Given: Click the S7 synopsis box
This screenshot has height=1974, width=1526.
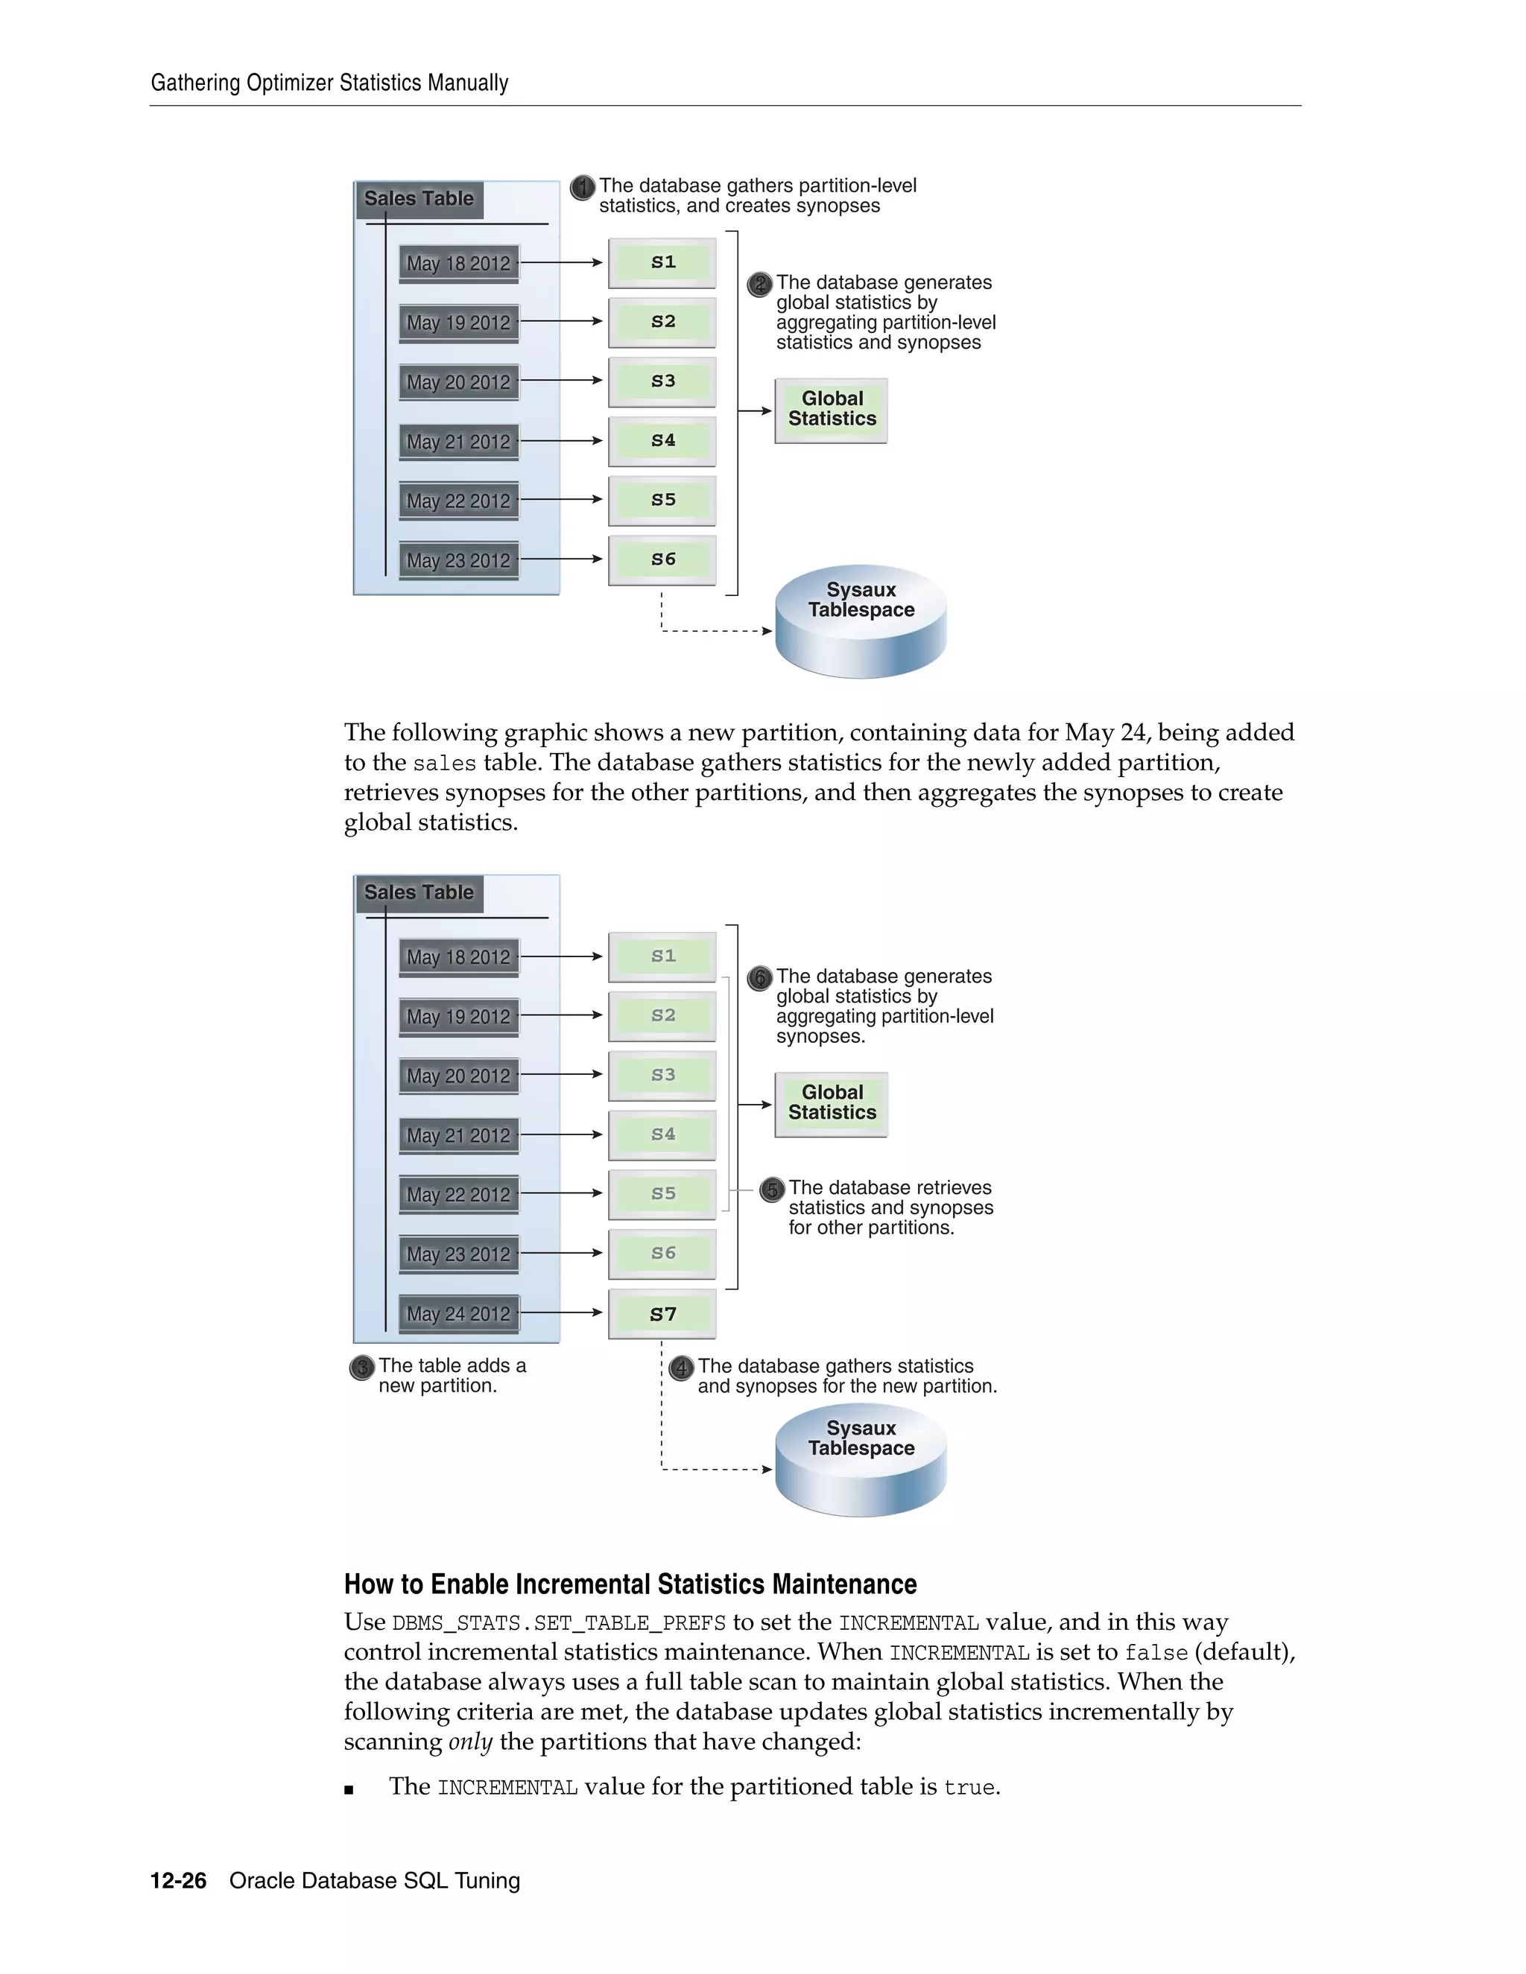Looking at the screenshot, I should [x=662, y=1313].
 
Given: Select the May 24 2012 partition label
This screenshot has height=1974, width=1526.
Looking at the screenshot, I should [x=458, y=1313].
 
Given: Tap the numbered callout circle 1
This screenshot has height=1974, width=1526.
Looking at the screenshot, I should [x=583, y=187].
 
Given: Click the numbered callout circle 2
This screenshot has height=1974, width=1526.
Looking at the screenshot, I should [x=760, y=285].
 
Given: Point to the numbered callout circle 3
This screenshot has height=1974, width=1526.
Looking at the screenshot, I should [x=361, y=1367].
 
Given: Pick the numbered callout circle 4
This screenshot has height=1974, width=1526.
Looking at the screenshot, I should [x=681, y=1368].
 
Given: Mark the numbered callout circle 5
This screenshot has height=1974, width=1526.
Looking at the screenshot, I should [x=771, y=1190].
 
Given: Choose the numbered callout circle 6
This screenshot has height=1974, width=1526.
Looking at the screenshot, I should [x=760, y=978].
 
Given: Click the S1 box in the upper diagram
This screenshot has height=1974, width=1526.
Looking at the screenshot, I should [x=662, y=262].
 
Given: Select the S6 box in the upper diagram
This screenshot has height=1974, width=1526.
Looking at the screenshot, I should [x=662, y=559].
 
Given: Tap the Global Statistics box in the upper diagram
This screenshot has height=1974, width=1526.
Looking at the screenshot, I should [x=831, y=410].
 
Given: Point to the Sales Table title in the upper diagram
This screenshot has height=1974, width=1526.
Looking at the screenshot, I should [x=419, y=199].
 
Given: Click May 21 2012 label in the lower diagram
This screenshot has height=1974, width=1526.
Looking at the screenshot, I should [x=458, y=1135].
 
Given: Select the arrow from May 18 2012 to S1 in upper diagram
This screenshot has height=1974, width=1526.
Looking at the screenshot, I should [x=560, y=262].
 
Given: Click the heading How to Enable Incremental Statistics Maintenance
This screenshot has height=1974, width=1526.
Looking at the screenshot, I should [x=630, y=1584].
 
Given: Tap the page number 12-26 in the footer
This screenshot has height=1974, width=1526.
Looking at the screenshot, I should [x=178, y=1881].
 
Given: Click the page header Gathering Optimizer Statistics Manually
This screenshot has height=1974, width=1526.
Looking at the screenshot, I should [x=329, y=83].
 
